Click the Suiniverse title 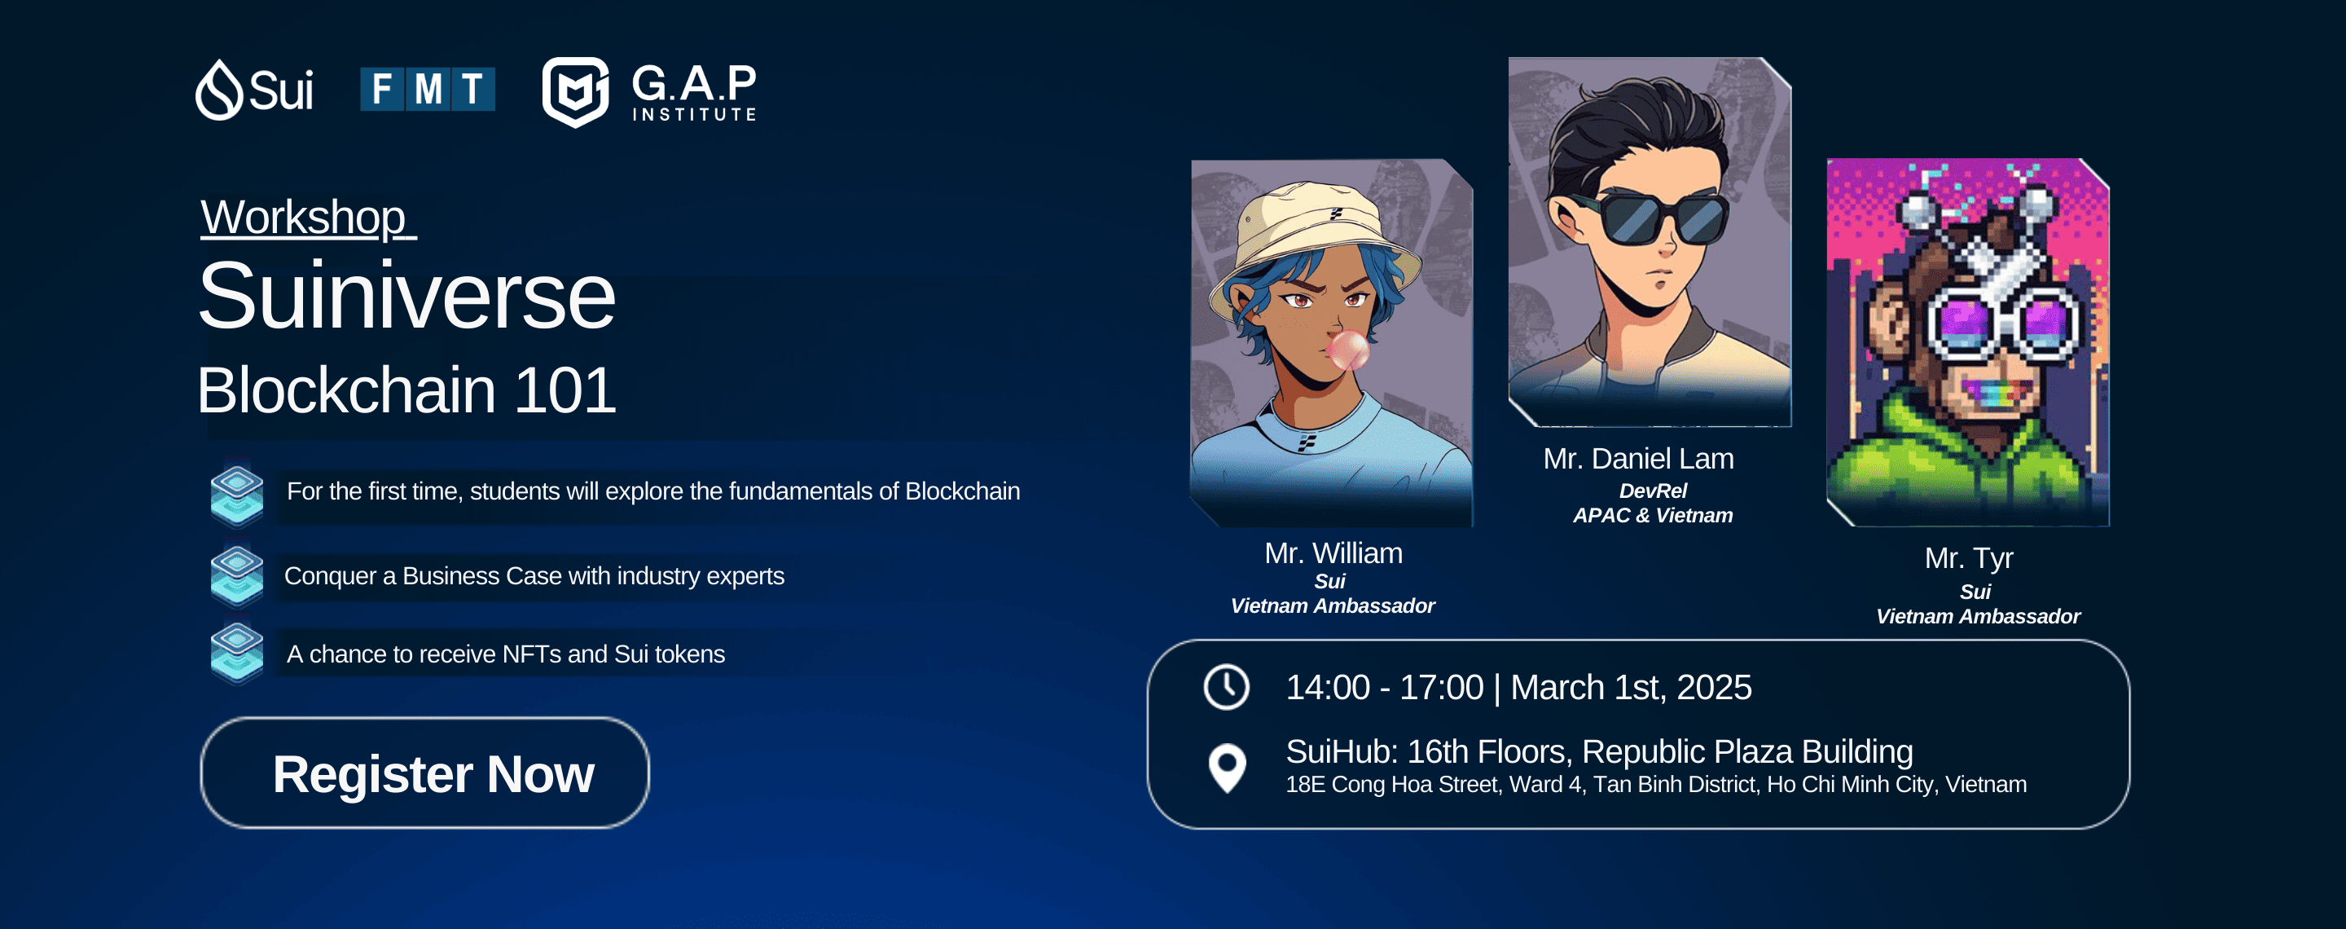click(x=406, y=296)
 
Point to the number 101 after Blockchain click(x=565, y=390)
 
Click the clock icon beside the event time click(x=1227, y=687)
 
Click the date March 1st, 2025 click(x=1631, y=688)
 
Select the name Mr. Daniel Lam click(x=1638, y=458)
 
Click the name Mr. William click(x=1333, y=553)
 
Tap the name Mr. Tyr click(x=1969, y=558)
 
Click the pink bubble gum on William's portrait click(x=1348, y=349)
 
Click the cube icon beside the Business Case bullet click(x=237, y=575)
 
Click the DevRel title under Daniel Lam click(x=1653, y=491)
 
